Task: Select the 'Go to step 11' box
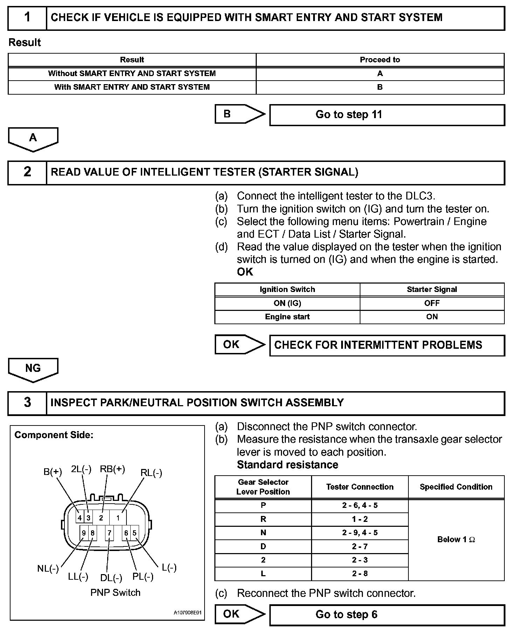387,115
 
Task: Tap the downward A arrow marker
33,139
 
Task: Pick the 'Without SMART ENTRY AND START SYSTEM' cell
132,74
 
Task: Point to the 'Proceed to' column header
380,60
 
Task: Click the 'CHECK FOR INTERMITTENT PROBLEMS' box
387,345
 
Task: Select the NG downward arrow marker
33,369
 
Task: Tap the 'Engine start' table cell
287,317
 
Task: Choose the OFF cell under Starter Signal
432,303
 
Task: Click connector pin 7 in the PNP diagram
109,533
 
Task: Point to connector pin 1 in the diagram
118,518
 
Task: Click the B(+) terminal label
53,472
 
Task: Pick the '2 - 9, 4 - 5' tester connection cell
360,533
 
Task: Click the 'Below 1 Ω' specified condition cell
456,539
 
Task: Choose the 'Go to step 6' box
387,614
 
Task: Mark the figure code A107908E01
188,613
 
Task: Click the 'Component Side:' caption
54,435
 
